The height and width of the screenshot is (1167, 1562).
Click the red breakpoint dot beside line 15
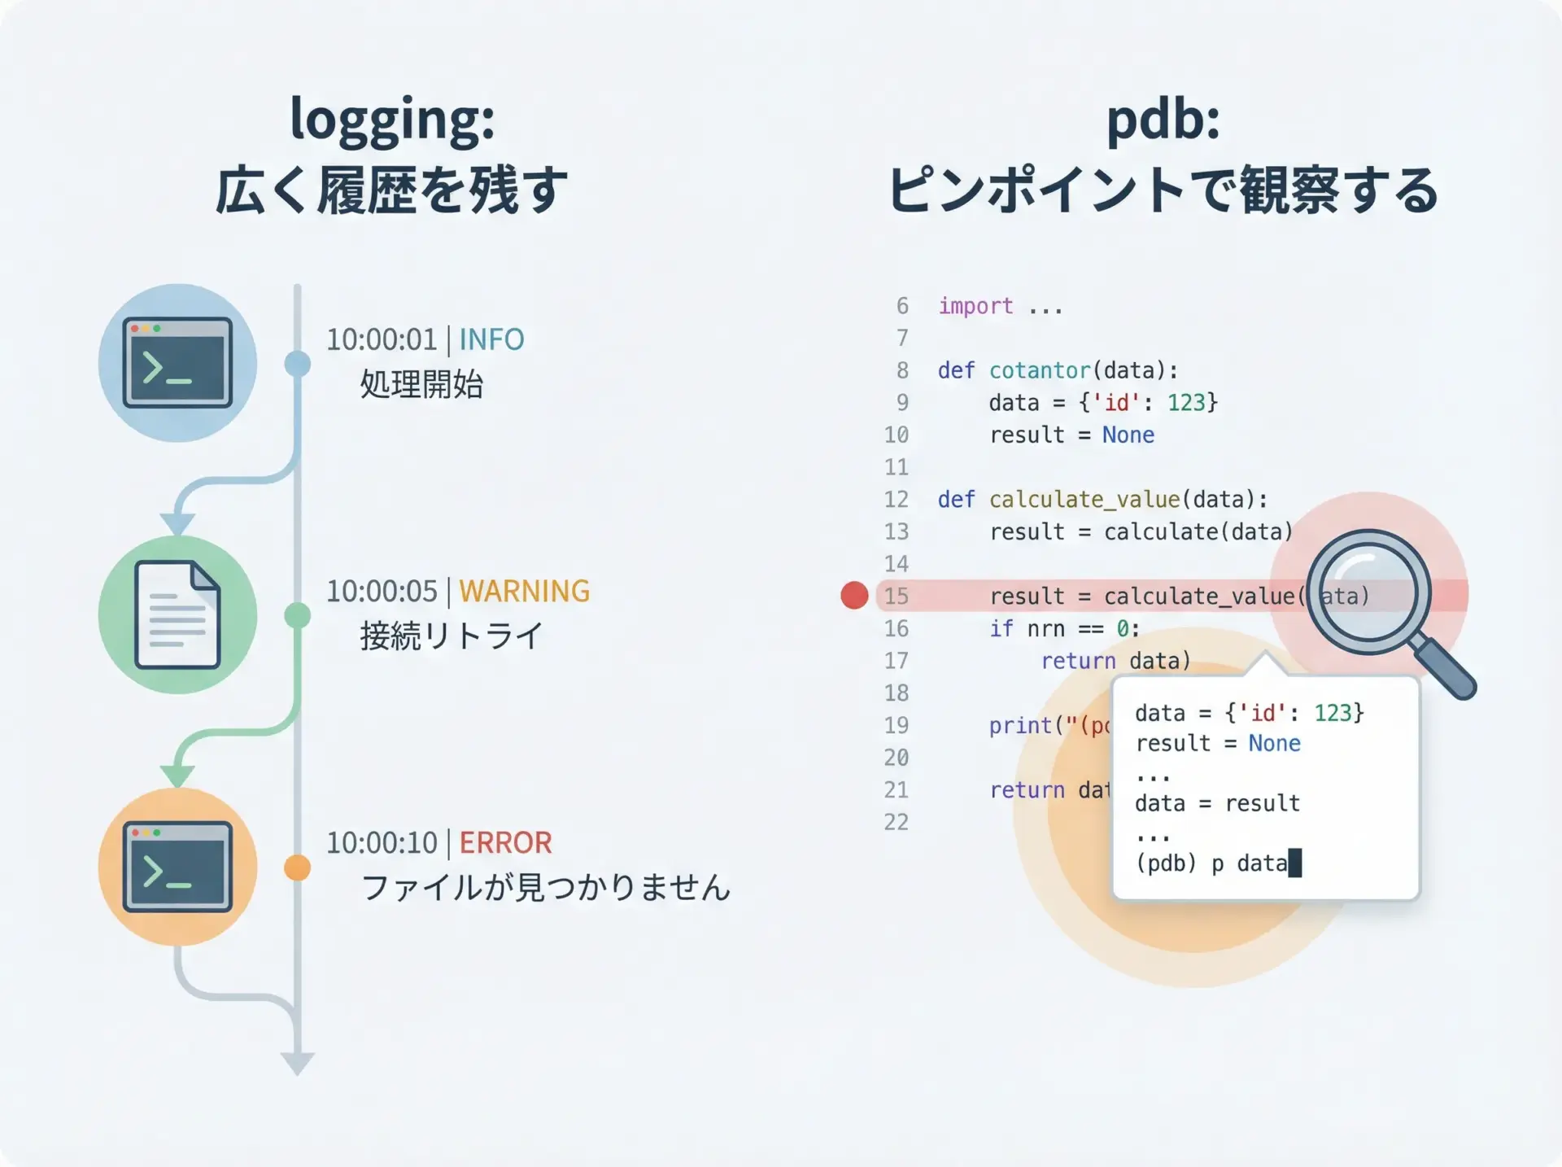(x=854, y=595)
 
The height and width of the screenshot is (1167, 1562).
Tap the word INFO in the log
(x=491, y=339)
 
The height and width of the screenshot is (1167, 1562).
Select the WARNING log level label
(x=524, y=591)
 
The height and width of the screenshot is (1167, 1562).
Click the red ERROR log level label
(x=505, y=842)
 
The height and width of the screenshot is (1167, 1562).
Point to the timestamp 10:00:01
(x=382, y=339)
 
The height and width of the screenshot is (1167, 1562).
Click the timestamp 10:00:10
(x=382, y=842)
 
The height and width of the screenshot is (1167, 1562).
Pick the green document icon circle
(x=177, y=614)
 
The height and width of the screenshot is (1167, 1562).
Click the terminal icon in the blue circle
(x=177, y=363)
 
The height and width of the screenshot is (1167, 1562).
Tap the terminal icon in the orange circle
(x=177, y=867)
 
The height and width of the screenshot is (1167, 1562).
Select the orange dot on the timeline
(x=298, y=868)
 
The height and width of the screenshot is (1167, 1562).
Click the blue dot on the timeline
(x=298, y=364)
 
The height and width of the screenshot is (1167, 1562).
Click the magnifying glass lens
(x=1368, y=592)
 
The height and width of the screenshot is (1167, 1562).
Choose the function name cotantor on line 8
(x=1040, y=370)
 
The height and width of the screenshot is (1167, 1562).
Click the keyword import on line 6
(x=975, y=306)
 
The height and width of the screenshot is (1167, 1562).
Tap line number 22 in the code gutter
(x=896, y=822)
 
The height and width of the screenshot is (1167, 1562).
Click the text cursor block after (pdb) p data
(x=1295, y=863)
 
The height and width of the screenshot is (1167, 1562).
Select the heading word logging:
(x=392, y=119)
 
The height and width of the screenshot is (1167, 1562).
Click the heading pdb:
(x=1163, y=119)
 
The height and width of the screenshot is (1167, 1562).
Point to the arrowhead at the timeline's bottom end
(x=298, y=1064)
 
